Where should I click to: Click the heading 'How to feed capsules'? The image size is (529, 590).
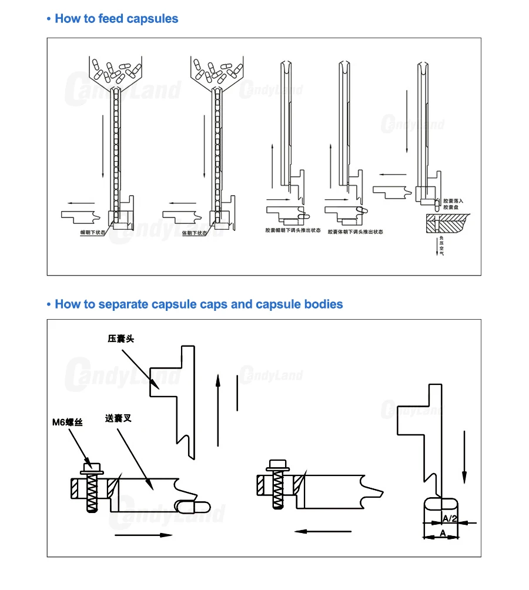(116, 19)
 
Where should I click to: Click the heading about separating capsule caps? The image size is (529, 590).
(198, 304)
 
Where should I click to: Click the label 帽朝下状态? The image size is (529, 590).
(93, 233)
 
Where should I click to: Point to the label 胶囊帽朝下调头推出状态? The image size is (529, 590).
(290, 232)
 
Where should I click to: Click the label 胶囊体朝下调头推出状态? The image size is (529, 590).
(355, 232)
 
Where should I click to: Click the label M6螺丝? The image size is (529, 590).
(68, 421)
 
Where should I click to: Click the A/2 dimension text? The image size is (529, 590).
(450, 518)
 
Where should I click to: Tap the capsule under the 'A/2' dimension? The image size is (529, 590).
(440, 505)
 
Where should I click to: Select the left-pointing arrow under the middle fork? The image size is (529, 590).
(323, 531)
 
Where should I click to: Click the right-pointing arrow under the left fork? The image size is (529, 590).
(143, 535)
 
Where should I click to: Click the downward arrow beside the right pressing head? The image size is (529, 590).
(464, 455)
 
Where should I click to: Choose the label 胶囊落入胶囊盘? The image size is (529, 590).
(453, 204)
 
